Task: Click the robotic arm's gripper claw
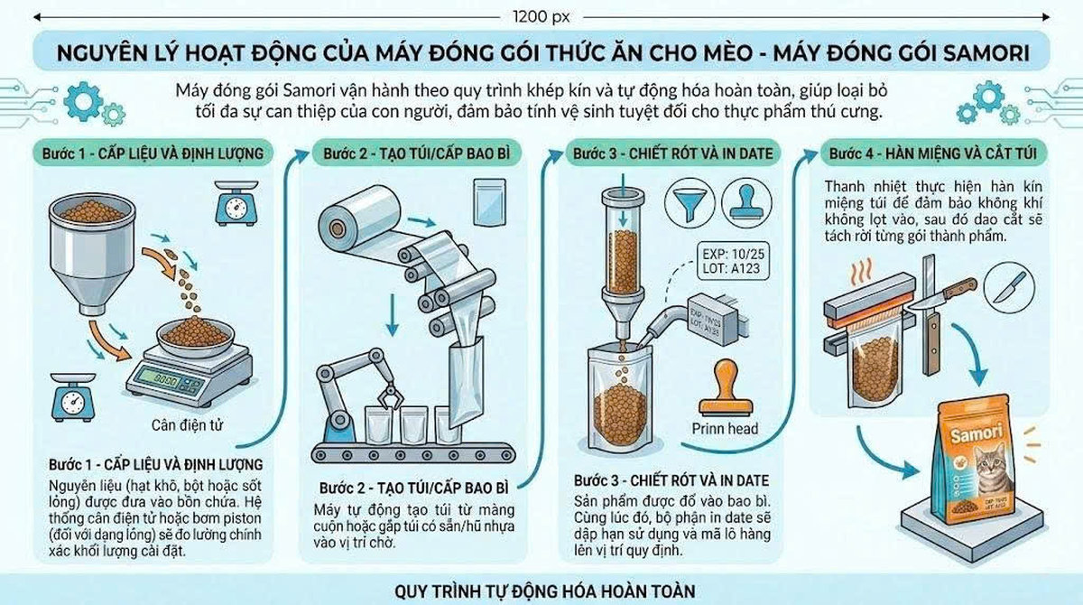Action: [x=390, y=395]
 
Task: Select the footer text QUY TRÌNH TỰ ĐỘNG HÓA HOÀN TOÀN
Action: [x=545, y=591]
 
